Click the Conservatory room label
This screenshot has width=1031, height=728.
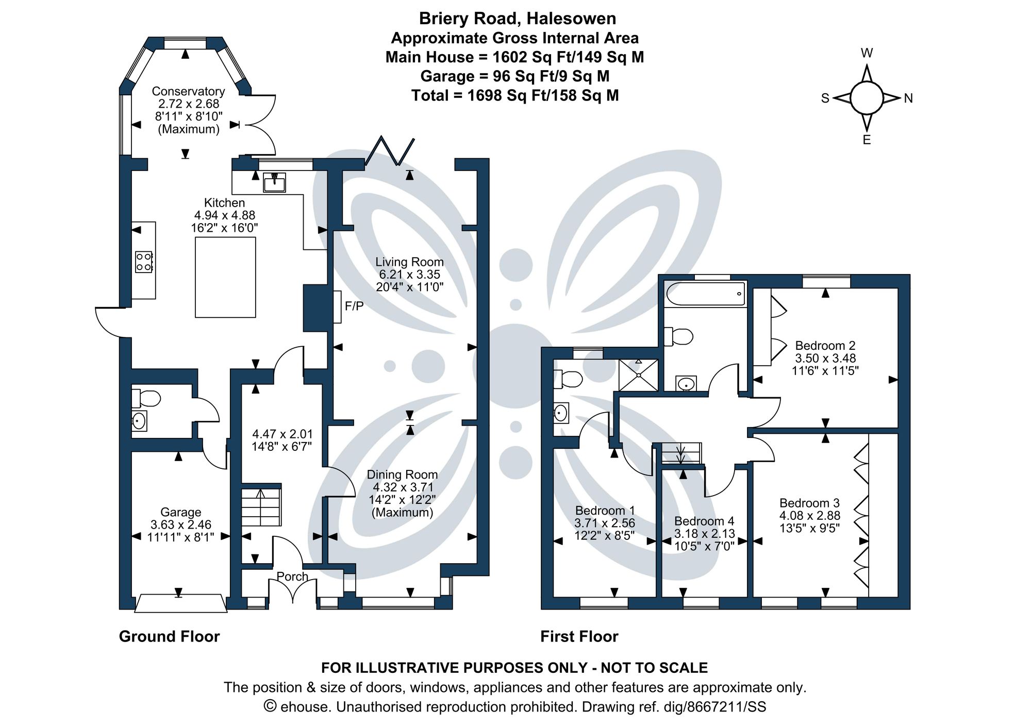coord(188,91)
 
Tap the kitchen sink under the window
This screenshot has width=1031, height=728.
coord(274,182)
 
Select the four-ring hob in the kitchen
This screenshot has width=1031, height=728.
coord(144,262)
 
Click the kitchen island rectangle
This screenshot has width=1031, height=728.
coord(225,277)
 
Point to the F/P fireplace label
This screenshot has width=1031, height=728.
coord(354,307)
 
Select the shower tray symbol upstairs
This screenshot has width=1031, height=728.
coord(638,375)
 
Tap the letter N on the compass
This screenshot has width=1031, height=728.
coord(908,98)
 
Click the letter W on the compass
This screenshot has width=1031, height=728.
coord(867,53)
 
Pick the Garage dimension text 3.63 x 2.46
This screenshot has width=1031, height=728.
coord(181,525)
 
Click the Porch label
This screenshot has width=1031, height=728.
coord(292,577)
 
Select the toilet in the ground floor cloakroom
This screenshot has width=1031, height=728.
coord(146,398)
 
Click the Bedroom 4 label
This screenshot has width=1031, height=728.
coord(704,521)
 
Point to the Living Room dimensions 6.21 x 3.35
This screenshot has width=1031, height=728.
coord(409,275)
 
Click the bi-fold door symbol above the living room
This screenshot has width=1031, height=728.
coord(390,151)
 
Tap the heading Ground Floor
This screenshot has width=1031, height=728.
coord(169,637)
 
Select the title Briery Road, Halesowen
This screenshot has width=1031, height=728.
coord(517,19)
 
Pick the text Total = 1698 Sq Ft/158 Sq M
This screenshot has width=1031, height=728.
coord(514,96)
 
